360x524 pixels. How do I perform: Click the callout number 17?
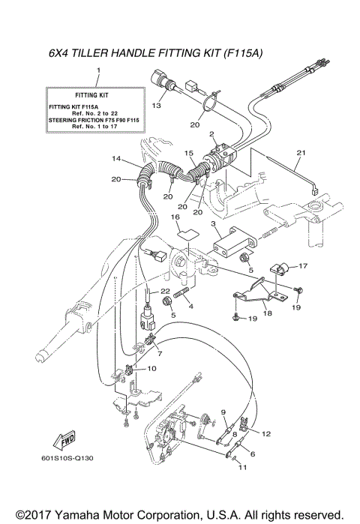tap(304, 265)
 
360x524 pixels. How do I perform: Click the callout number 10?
tap(151, 369)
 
